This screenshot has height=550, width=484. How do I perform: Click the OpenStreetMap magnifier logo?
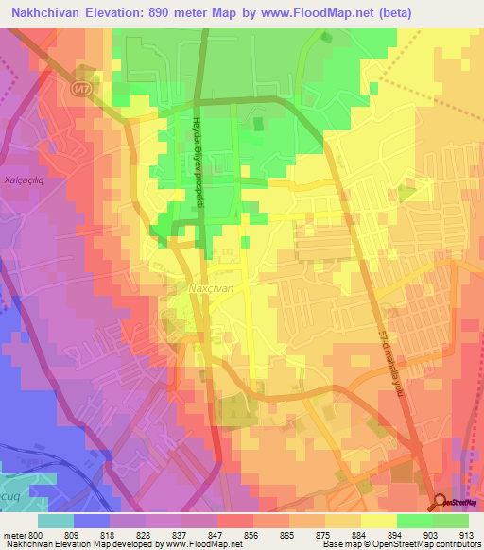coord(441,507)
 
